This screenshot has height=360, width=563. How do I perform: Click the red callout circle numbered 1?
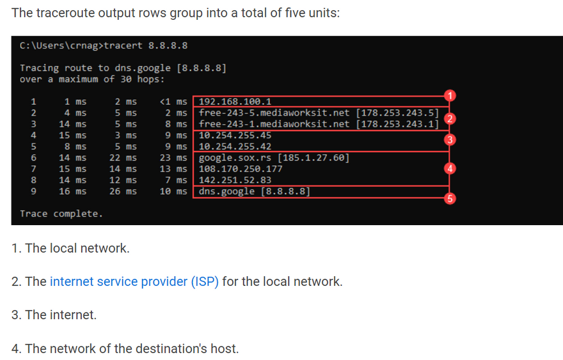click(450, 96)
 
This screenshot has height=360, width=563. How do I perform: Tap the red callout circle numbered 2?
click(450, 119)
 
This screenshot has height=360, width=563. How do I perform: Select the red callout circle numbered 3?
click(450, 140)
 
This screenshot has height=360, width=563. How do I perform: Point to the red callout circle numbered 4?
click(450, 169)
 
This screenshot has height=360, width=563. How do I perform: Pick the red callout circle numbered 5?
click(450, 198)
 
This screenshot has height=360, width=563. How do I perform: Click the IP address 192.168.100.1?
click(235, 101)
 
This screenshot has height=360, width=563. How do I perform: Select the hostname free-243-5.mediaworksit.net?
click(274, 113)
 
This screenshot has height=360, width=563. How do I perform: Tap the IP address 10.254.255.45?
click(235, 135)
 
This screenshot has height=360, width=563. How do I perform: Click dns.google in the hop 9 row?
click(225, 191)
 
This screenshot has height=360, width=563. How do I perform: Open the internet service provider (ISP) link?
click(134, 281)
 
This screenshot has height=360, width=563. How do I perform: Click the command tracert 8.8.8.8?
click(145, 45)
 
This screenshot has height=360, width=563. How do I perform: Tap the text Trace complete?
click(61, 214)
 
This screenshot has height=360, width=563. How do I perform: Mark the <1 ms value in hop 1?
click(173, 101)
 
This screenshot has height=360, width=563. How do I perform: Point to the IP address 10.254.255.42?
click(235, 146)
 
